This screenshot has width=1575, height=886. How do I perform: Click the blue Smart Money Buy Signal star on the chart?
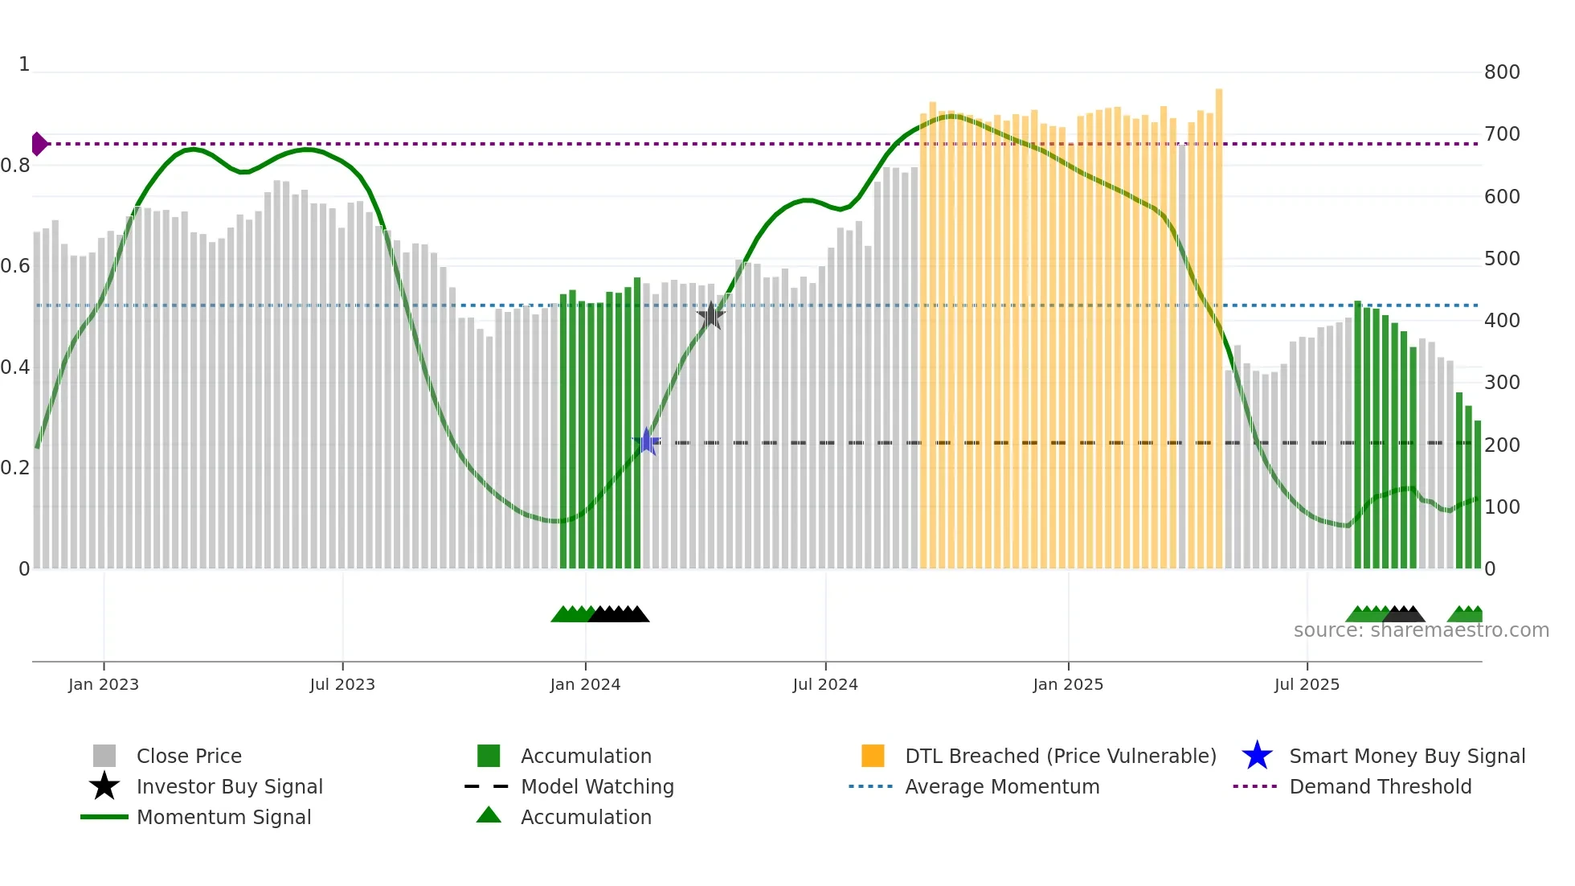(646, 441)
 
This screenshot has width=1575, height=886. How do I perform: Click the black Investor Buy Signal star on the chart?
(710, 315)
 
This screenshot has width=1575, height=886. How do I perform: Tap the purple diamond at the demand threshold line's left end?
(39, 144)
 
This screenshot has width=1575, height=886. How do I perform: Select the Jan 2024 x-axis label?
(585, 684)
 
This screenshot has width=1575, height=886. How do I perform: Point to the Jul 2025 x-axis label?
(1307, 684)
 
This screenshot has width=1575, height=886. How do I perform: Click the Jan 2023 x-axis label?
(104, 684)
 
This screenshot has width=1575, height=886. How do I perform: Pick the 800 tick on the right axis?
(1501, 72)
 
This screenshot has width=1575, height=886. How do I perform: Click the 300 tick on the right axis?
(1501, 383)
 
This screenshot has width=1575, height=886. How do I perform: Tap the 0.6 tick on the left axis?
(15, 266)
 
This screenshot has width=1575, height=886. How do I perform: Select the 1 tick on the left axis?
(24, 64)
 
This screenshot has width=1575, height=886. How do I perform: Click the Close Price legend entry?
(188, 756)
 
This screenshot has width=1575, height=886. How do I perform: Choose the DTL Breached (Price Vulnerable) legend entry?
(1060, 756)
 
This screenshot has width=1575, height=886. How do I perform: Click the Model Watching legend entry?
(596, 786)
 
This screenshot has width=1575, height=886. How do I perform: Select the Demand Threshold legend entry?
(1380, 786)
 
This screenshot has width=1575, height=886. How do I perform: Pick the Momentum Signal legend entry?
(223, 817)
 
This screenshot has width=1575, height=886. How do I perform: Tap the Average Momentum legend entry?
(1001, 786)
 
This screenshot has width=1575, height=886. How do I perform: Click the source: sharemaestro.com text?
(1421, 630)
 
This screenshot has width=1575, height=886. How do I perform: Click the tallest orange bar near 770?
(1218, 322)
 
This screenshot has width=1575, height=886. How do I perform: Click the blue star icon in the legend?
(1257, 756)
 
